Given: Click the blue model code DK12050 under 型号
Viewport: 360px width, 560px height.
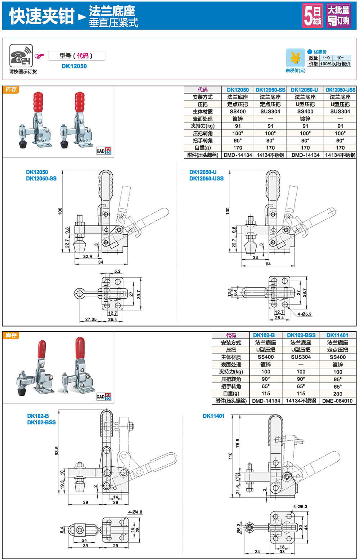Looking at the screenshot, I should pyautogui.click(x=74, y=66).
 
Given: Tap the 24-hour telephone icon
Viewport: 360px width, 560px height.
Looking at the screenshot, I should pyautogui.click(x=21, y=55).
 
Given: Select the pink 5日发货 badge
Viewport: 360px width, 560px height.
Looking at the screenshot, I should pyautogui.click(x=312, y=16).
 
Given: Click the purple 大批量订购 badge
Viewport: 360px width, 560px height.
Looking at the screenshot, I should pyautogui.click(x=338, y=16).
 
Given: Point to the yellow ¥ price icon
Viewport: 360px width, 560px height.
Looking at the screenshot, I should pyautogui.click(x=295, y=58).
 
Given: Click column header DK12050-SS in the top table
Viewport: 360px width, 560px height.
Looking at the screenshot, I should pyautogui.click(x=270, y=90).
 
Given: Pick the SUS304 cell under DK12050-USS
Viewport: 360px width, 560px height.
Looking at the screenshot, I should pyautogui.click(x=340, y=111).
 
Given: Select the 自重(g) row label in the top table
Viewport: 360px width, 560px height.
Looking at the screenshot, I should pyautogui.click(x=202, y=148).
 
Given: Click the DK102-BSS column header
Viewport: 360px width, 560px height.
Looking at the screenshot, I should pyautogui.click(x=301, y=335).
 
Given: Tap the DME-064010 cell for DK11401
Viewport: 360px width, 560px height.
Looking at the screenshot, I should pyautogui.click(x=337, y=401).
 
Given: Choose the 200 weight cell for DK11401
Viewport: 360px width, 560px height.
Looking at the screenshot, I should pyautogui.click(x=337, y=394).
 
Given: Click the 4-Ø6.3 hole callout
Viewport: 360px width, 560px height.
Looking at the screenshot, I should pyautogui.click(x=300, y=507).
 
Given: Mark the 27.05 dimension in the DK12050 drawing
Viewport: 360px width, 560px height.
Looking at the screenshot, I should pyautogui.click(x=91, y=319).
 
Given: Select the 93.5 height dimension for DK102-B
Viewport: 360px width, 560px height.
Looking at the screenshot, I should pyautogui.click(x=57, y=451).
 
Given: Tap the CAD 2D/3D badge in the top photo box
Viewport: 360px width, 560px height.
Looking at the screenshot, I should pyautogui.click(x=104, y=151).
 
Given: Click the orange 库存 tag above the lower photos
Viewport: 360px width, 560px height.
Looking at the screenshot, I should pyautogui.click(x=11, y=335).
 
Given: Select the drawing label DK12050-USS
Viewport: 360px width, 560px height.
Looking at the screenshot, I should pyautogui.click(x=206, y=178).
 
